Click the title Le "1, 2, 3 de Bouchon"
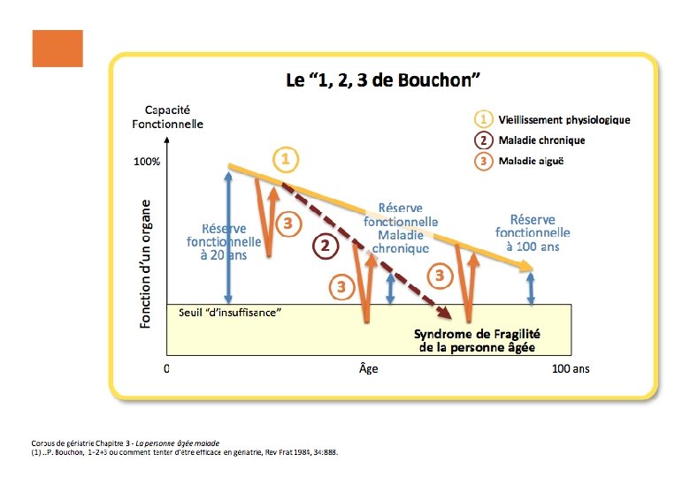click(382, 80)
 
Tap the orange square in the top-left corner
click(57, 49)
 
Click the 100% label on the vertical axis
click(146, 163)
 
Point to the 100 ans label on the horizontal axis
click(571, 369)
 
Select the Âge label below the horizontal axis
click(368, 369)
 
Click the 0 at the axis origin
click(167, 369)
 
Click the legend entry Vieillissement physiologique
click(564, 120)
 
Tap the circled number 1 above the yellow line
click(285, 160)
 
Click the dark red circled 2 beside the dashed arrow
click(326, 246)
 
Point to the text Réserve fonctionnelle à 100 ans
click(533, 233)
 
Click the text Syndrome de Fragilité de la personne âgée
click(478, 340)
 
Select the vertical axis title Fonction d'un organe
click(147, 263)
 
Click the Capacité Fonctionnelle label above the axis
click(167, 117)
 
